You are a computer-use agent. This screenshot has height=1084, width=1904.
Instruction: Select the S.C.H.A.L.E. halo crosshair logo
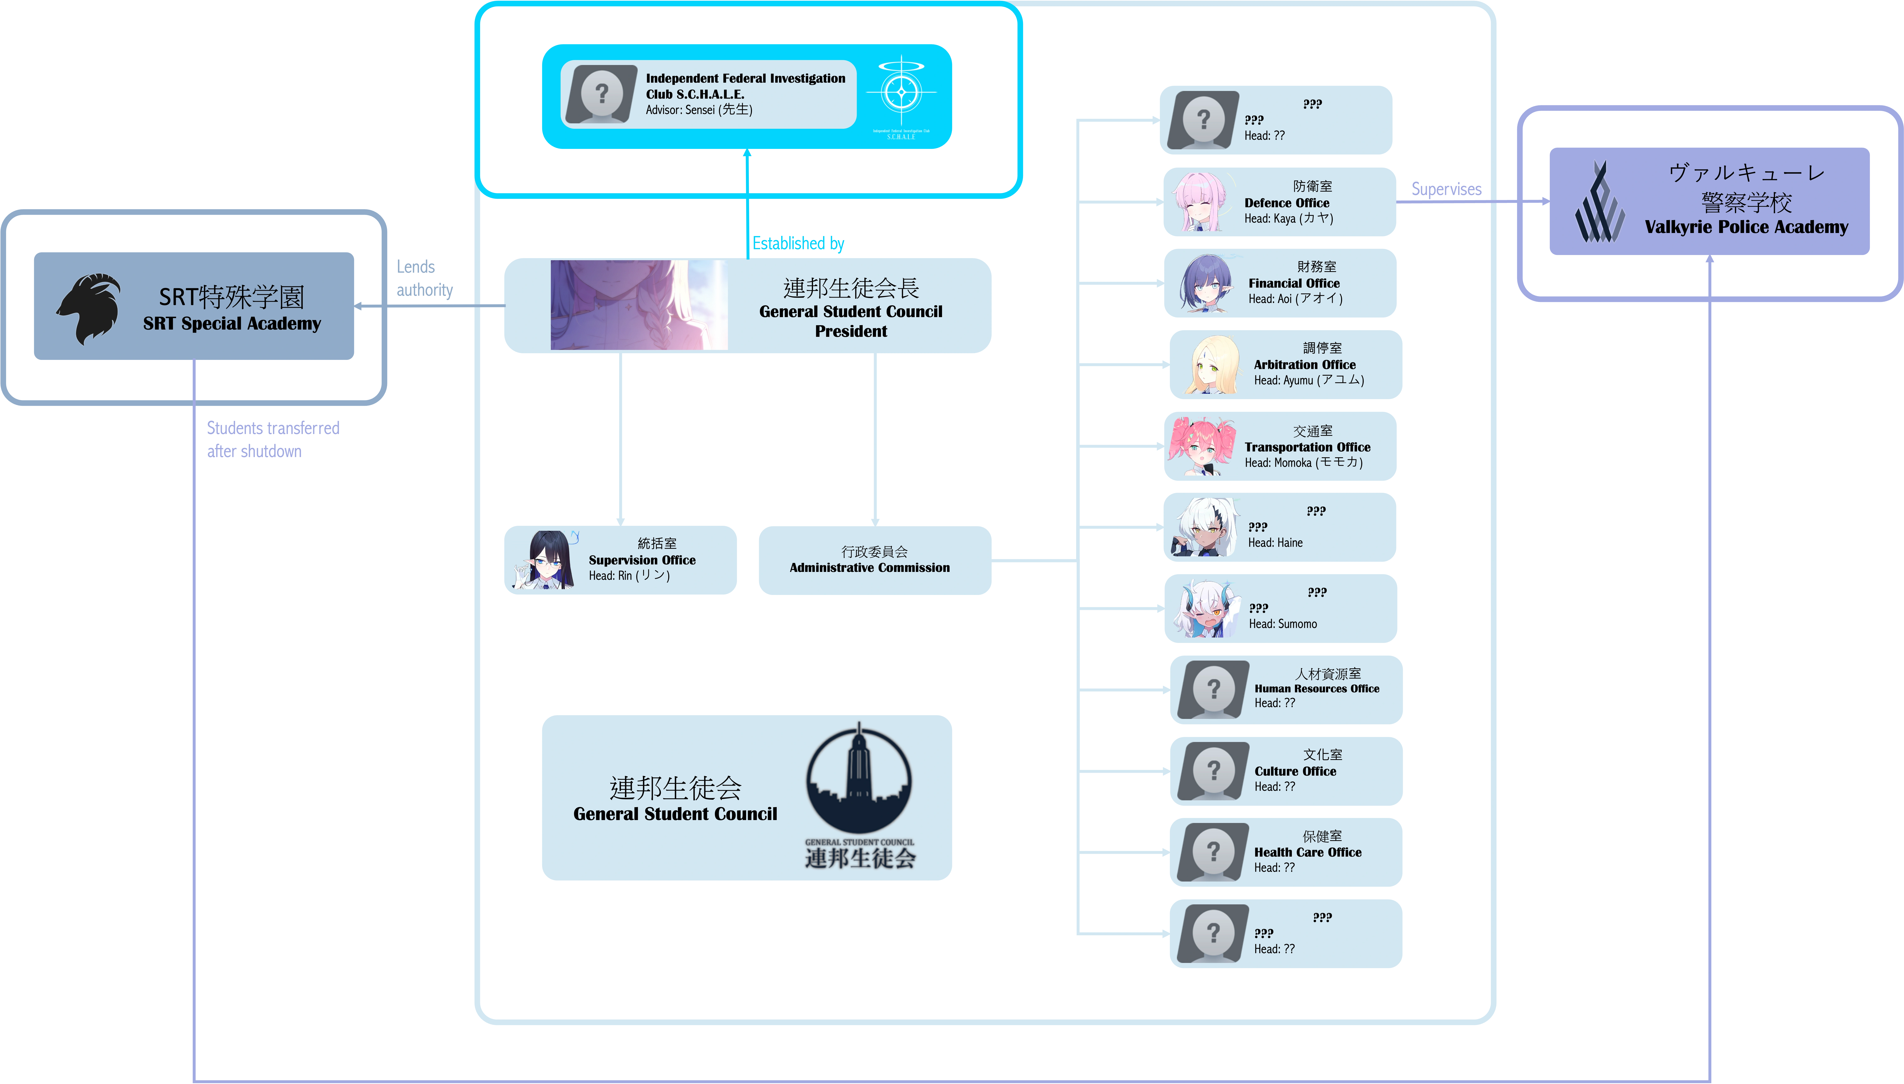[x=901, y=92]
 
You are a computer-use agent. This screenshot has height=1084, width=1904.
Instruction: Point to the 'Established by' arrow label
[x=797, y=243]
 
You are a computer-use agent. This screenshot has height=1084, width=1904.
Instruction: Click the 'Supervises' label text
[x=1446, y=189]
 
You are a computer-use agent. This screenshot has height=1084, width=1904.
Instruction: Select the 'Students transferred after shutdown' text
[x=273, y=439]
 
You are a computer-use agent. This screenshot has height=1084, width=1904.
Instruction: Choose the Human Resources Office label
[x=1317, y=689]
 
